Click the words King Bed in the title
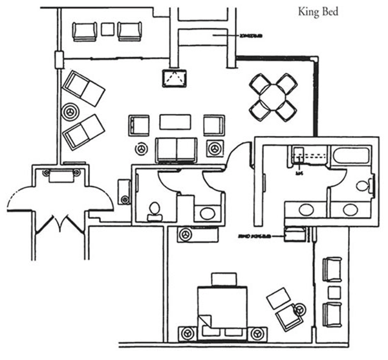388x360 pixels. click(318, 11)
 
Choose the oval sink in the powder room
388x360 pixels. click(208, 212)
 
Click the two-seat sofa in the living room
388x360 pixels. click(176, 150)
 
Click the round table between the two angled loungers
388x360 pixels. click(68, 111)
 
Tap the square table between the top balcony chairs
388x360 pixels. click(108, 30)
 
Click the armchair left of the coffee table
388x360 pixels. click(139, 125)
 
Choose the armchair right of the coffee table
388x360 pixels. click(213, 124)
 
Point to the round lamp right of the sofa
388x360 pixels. click(213, 148)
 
